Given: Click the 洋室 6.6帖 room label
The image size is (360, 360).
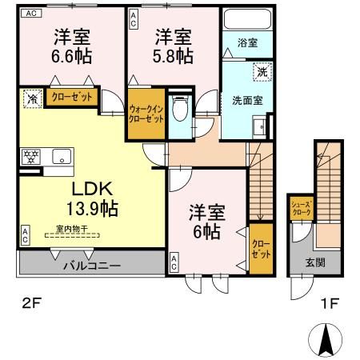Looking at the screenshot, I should [72, 46].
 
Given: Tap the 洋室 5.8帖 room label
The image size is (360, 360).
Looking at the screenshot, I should [173, 46].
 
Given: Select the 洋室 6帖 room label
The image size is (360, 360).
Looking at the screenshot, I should [206, 222].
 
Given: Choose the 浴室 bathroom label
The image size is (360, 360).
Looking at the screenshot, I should [247, 42].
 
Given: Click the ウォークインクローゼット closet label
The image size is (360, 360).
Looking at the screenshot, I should [146, 114].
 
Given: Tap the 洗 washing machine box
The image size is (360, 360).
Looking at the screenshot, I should [262, 72].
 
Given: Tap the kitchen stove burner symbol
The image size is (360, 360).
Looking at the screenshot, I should [33, 155].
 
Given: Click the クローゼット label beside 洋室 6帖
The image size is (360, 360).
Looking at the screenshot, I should [261, 249].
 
